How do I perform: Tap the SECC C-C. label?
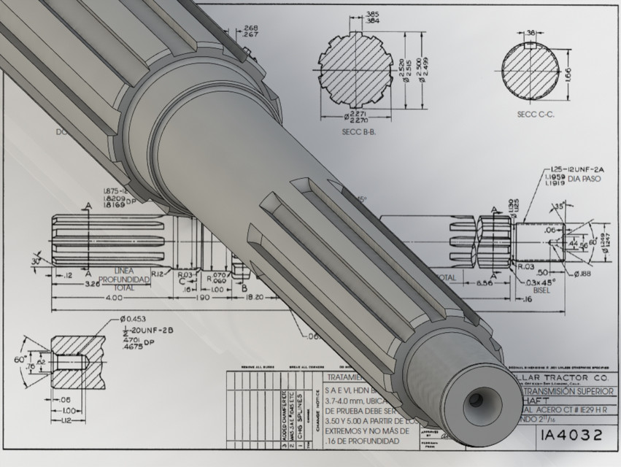point(534,115)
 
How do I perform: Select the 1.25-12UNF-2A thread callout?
point(573,167)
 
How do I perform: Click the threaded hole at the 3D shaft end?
point(475,400)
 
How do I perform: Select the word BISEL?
point(541,289)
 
